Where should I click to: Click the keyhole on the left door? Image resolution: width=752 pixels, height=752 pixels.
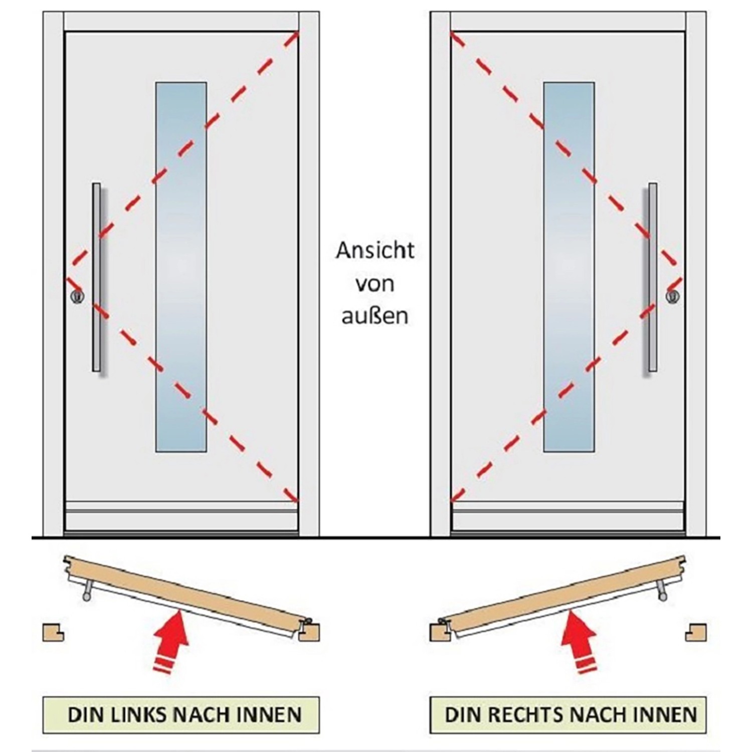pyautogui.click(x=77, y=296)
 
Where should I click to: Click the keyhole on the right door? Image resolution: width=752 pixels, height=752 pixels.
pyautogui.click(x=673, y=296)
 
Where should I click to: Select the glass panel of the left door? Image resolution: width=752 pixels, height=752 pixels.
pyautogui.click(x=181, y=267)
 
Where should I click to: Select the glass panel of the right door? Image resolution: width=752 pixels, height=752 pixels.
pyautogui.click(x=569, y=267)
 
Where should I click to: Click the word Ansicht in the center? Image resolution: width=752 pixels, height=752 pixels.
pyautogui.click(x=375, y=250)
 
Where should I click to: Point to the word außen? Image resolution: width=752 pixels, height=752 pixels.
pyautogui.click(x=375, y=316)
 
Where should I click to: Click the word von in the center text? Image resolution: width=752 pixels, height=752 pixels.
pyautogui.click(x=375, y=284)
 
